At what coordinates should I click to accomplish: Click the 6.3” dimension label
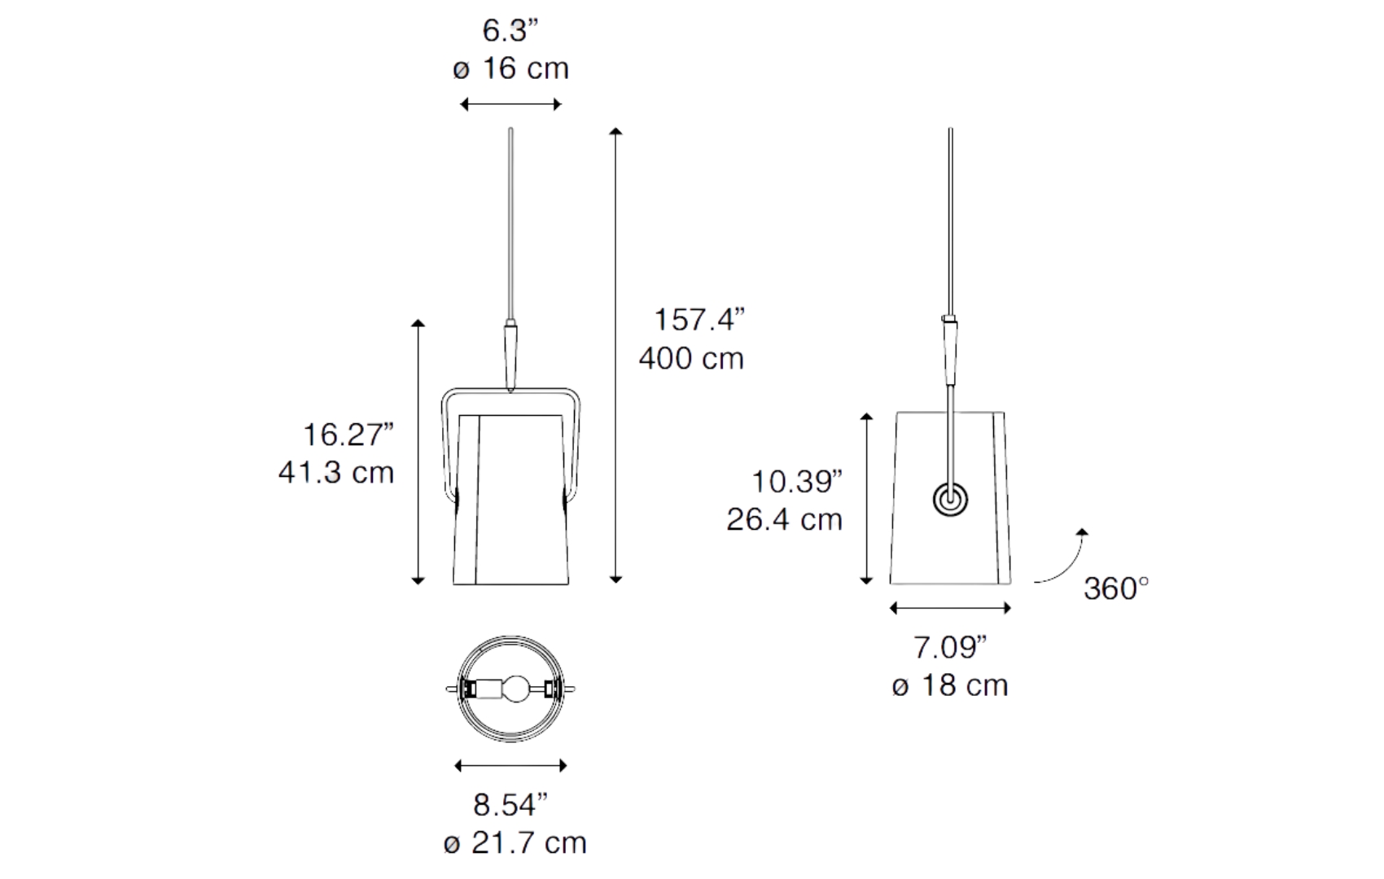click(x=510, y=31)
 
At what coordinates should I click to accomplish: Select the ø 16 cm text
click(x=511, y=68)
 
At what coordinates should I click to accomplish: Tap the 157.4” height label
click(x=699, y=320)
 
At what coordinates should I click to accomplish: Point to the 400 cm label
click(x=691, y=359)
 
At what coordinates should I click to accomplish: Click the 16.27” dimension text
click(x=348, y=435)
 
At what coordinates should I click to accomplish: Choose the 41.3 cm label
click(x=336, y=473)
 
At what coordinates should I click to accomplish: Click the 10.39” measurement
click(x=797, y=482)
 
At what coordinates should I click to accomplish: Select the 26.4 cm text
click(x=785, y=520)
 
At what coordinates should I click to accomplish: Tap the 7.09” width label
click(x=950, y=647)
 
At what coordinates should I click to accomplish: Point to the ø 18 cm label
click(x=950, y=685)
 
